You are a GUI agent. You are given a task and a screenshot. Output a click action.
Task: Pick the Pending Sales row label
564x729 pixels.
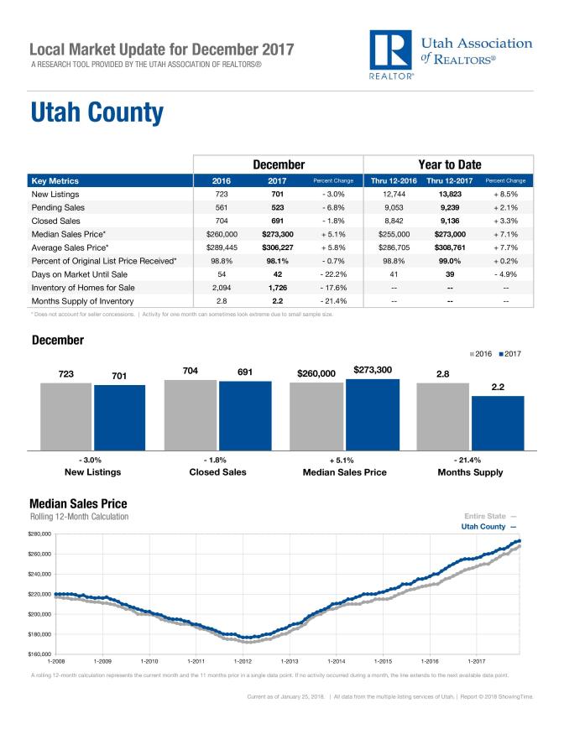coord(59,209)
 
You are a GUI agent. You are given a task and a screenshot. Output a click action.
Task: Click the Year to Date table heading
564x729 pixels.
coord(448,164)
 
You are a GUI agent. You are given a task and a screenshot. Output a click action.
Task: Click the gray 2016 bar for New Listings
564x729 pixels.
coord(65,416)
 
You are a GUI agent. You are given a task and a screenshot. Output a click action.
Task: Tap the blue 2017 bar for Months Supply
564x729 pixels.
coord(498,423)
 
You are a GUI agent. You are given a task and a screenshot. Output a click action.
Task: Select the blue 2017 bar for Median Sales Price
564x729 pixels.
coord(373,414)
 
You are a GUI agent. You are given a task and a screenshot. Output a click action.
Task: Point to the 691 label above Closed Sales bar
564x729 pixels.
coord(245,371)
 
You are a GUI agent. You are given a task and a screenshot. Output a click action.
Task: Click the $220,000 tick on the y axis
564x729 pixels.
coord(40,594)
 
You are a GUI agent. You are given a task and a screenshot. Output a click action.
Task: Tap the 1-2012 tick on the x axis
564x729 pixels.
coord(243,661)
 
